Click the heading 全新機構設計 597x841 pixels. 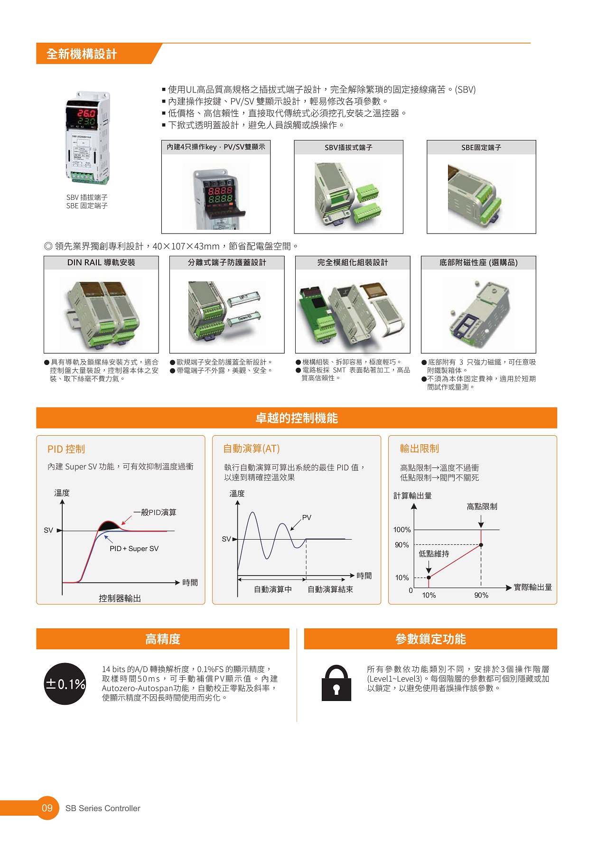click(82, 54)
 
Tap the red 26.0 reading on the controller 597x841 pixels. click(86, 113)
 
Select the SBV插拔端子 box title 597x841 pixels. click(348, 148)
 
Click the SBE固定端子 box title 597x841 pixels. click(481, 148)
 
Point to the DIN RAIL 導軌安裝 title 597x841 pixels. click(101, 262)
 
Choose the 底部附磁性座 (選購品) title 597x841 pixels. click(478, 262)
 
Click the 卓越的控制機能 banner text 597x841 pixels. click(297, 418)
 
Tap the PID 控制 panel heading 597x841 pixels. click(66, 449)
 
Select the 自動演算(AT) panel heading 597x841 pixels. click(252, 449)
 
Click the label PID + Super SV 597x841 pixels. click(134, 549)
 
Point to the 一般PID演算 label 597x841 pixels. click(155, 513)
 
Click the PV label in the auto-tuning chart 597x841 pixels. click(307, 517)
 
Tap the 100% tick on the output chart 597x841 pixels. click(402, 530)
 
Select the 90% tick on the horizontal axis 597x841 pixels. click(481, 595)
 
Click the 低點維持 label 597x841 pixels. click(434, 554)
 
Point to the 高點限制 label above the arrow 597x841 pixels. click(482, 507)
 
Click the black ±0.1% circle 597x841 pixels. click(65, 684)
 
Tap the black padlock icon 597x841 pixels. click(336, 683)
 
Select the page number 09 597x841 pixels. click(47, 808)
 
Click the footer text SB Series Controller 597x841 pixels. click(103, 808)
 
